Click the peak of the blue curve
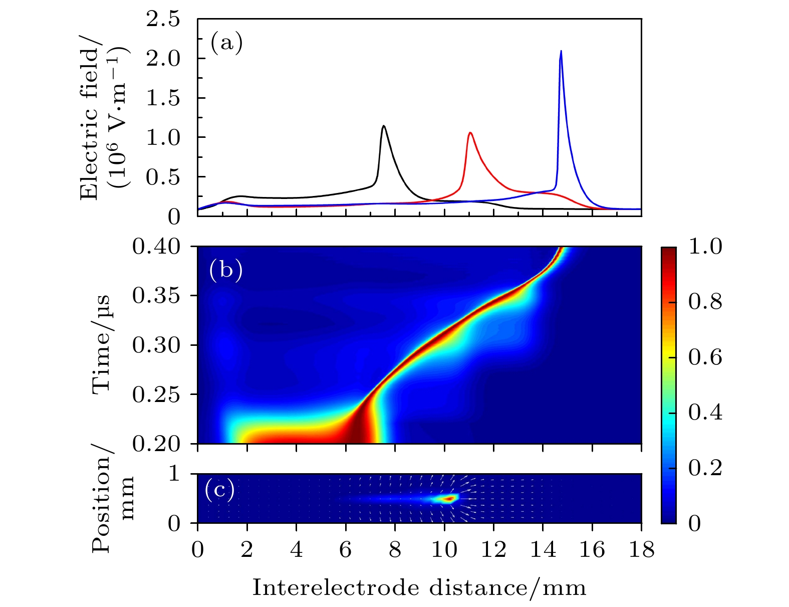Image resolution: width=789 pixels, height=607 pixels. [x=561, y=51]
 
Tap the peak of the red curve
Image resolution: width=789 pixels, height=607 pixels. [x=470, y=133]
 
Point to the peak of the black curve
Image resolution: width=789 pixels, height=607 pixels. [x=384, y=126]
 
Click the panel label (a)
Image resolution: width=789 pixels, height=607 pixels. [x=226, y=43]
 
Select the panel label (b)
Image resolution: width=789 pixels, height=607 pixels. [x=226, y=270]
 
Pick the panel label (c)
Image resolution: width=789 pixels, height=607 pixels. [x=220, y=490]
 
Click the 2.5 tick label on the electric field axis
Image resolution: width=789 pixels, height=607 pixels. [x=162, y=20]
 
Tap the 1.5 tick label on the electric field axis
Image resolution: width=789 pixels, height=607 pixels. [x=162, y=98]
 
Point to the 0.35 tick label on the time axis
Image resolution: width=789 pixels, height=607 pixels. [x=156, y=296]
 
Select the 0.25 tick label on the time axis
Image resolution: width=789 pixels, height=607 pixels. [x=156, y=394]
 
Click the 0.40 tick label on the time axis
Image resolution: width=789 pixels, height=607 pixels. [x=156, y=247]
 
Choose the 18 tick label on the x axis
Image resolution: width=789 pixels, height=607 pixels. [x=641, y=550]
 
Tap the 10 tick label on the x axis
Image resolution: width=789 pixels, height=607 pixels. [x=444, y=550]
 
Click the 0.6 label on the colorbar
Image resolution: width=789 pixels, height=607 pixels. [x=705, y=357]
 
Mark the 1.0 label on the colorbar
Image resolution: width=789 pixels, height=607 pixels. [x=705, y=247]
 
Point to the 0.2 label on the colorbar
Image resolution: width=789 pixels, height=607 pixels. [x=705, y=468]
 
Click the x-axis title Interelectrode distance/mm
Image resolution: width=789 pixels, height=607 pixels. [x=419, y=587]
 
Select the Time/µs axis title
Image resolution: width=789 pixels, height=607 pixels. [x=102, y=345]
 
